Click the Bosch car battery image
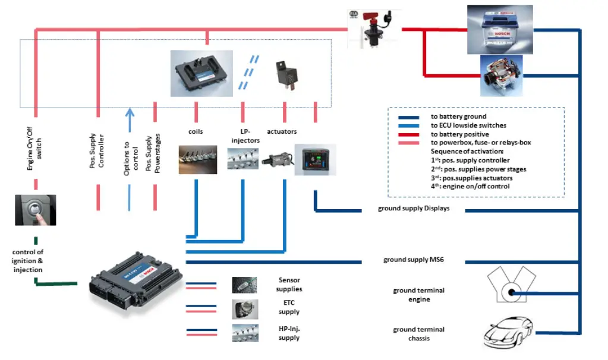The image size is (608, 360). tap(499, 29)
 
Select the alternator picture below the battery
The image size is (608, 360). tap(501, 75)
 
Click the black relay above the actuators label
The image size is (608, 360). tap(283, 74)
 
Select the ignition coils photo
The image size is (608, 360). tap(197, 159)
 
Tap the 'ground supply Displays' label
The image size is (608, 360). tap(414, 209)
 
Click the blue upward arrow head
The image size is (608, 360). tap(130, 112)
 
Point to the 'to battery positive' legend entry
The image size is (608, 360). tap(458, 135)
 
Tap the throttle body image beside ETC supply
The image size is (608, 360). tap(244, 308)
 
